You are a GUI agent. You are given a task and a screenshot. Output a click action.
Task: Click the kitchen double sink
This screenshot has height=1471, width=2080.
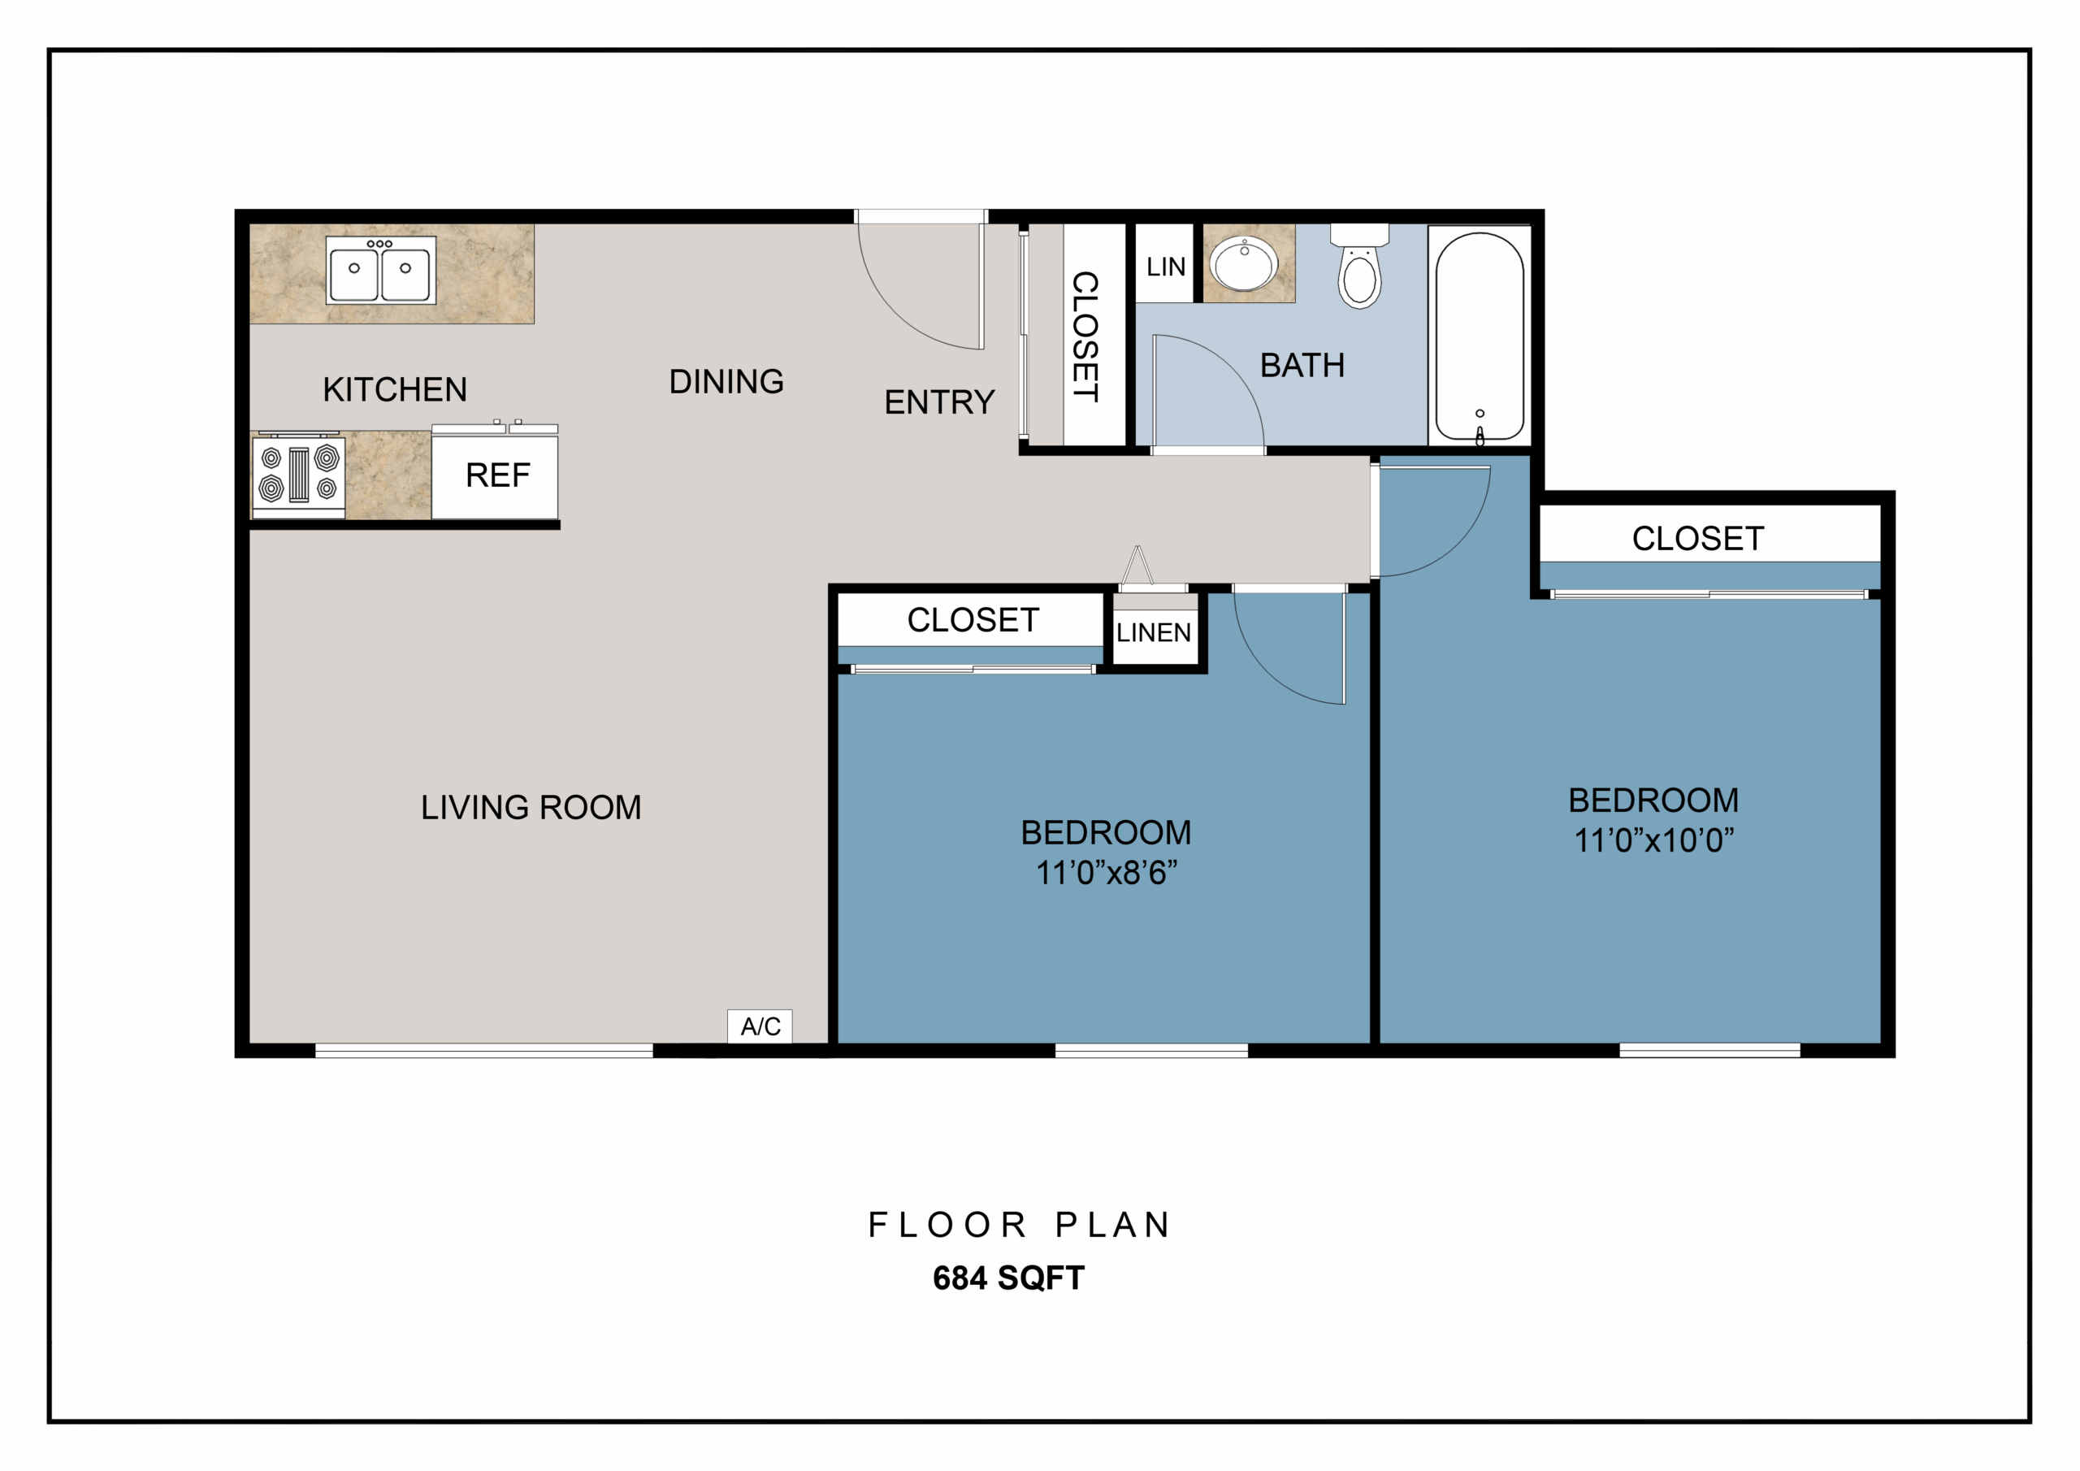[x=380, y=270]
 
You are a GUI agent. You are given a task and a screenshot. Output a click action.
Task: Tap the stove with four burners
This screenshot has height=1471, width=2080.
[x=298, y=474]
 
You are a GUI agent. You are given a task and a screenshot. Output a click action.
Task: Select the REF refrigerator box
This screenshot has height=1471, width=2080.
[x=495, y=475]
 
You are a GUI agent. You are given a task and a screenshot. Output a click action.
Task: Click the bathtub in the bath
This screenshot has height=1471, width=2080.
[x=1480, y=336]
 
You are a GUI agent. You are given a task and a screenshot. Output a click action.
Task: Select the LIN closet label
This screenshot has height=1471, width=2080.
[x=1166, y=267]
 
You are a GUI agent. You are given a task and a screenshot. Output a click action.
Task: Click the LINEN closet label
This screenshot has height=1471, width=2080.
[x=1153, y=632]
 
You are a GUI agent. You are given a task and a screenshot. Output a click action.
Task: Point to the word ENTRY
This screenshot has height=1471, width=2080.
[x=939, y=401]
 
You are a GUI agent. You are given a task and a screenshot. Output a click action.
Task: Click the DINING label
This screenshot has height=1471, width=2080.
[x=726, y=382]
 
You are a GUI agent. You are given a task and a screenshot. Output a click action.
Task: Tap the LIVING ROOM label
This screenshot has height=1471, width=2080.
[x=531, y=808]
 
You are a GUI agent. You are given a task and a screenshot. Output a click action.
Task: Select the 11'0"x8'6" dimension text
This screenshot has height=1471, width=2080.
[x=1106, y=873]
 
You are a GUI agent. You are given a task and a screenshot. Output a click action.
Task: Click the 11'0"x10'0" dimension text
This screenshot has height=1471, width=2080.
[x=1653, y=840]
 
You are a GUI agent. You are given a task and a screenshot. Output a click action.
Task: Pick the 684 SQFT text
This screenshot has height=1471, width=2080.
[x=1008, y=1278]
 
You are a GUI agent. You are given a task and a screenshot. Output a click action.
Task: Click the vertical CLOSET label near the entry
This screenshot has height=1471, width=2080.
[x=1085, y=336]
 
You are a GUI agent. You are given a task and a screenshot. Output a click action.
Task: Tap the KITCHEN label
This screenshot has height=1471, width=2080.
[x=395, y=390]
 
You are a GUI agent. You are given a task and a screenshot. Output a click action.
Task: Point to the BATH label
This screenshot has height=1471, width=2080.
[x=1302, y=365]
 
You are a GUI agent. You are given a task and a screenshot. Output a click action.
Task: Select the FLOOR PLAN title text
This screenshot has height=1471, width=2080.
[x=1020, y=1225]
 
